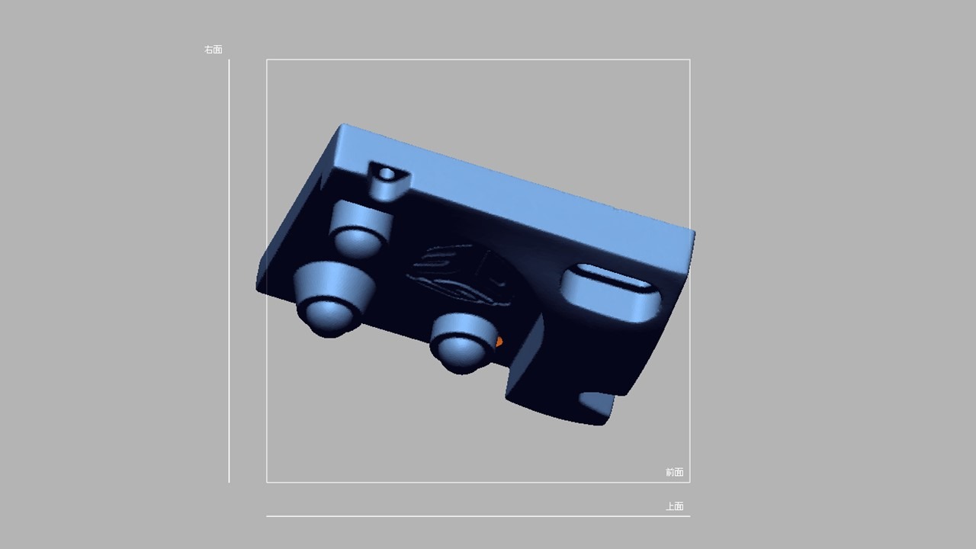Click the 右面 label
pos(213,50)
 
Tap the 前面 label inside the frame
pos(675,472)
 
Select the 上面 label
pos(675,506)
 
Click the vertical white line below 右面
pos(230,271)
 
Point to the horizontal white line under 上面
pos(478,516)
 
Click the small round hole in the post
pos(386,174)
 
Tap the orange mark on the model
pos(499,342)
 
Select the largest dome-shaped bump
pos(330,316)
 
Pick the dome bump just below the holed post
pos(359,242)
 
